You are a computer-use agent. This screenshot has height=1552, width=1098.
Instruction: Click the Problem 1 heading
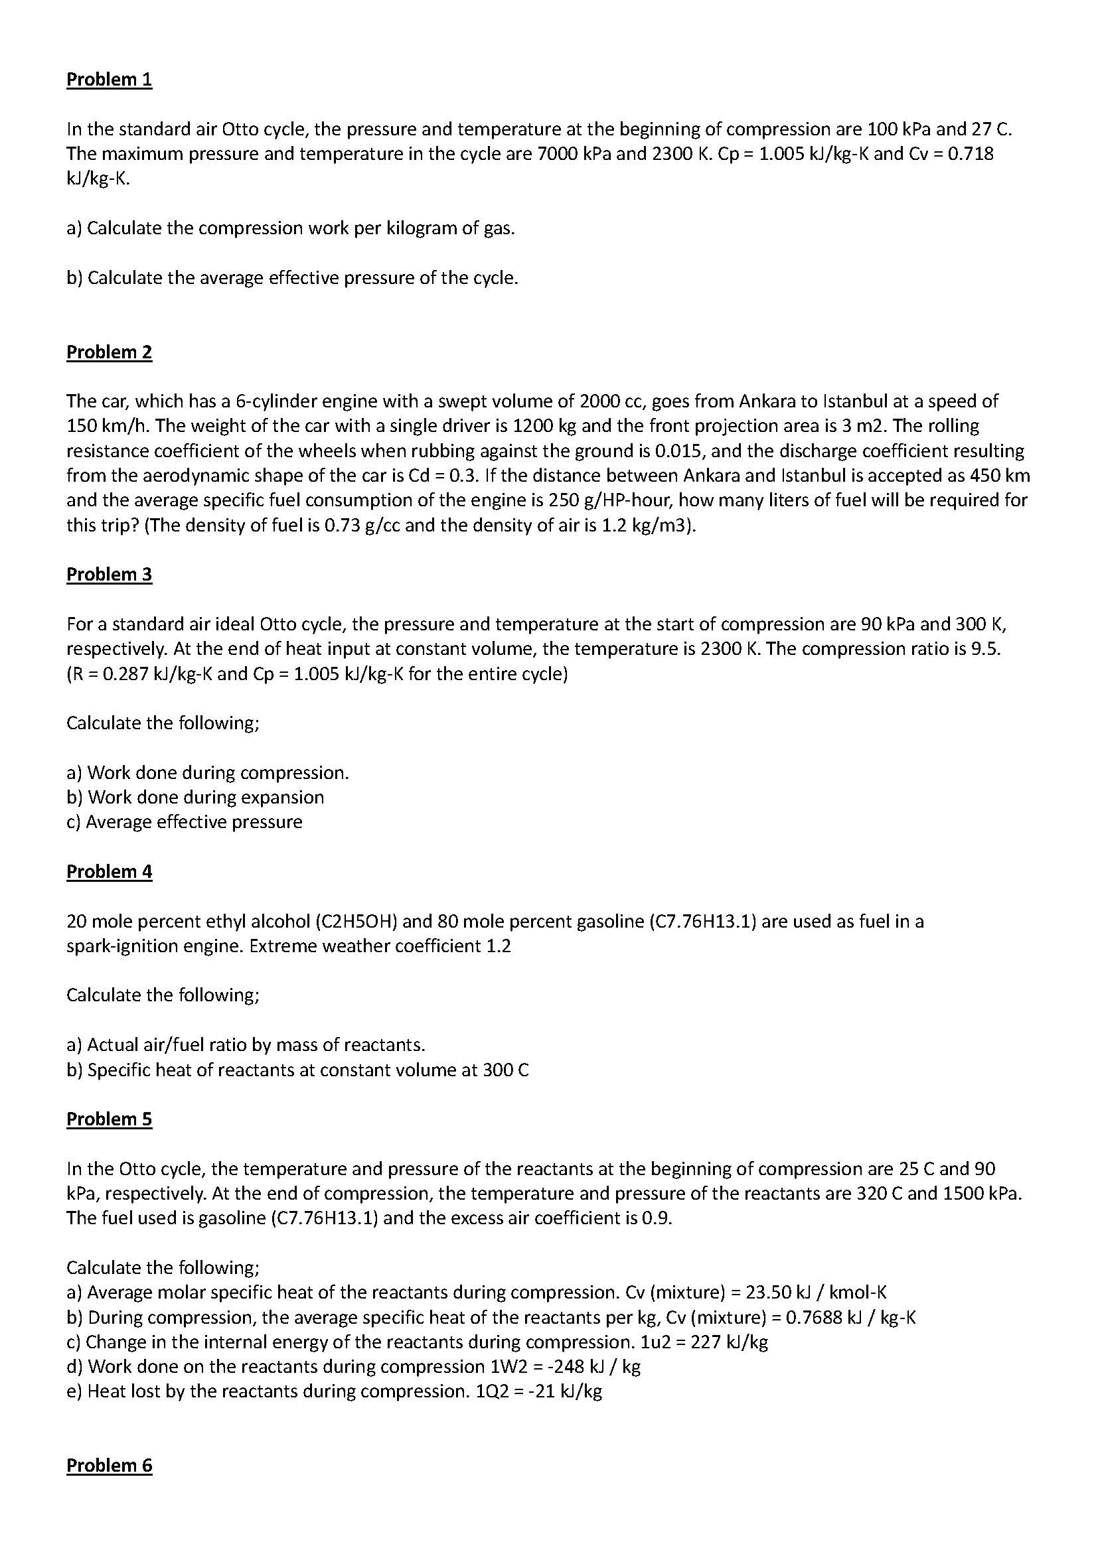pos(109,79)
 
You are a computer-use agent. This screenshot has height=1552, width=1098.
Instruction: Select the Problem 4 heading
pos(109,871)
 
